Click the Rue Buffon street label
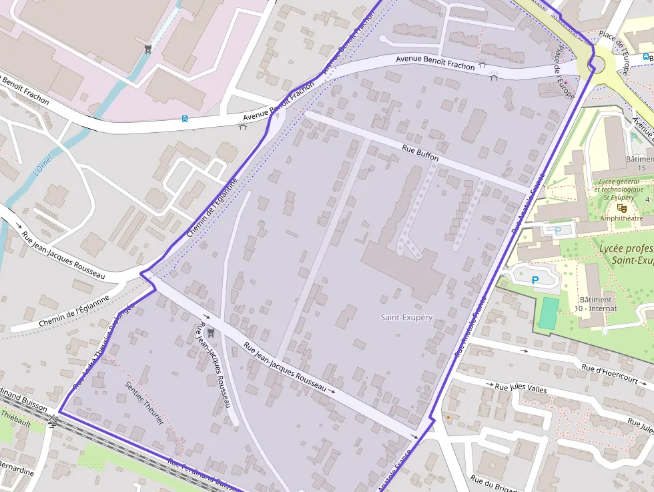coord(420,153)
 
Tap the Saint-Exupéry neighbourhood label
coord(406,317)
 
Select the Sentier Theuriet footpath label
coord(143,403)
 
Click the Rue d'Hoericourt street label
coord(613,375)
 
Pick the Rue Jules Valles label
coord(521,388)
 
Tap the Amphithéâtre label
coord(621,218)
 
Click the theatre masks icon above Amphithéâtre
coord(622,208)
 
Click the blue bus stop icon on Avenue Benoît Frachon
coord(185,119)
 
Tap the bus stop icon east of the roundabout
coord(646,57)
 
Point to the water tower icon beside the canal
coord(147,49)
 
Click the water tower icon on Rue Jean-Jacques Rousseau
coord(212,331)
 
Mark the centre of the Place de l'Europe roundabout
coord(593,65)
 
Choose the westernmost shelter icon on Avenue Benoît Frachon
coord(243,126)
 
